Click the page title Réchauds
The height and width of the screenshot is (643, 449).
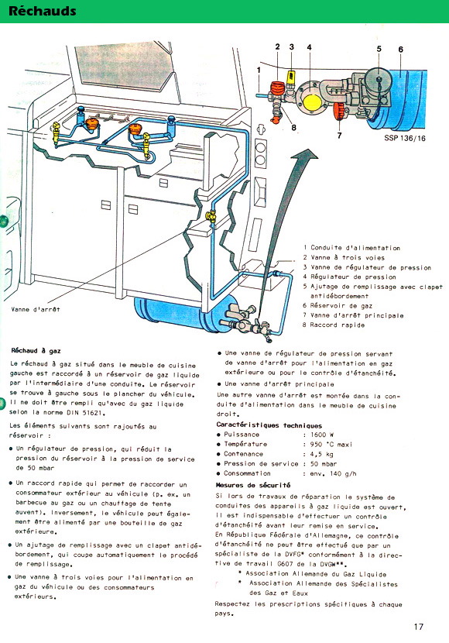[43, 11]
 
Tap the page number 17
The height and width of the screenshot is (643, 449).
[418, 626]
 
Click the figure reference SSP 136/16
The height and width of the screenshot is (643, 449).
[405, 138]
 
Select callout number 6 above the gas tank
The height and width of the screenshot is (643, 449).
[401, 50]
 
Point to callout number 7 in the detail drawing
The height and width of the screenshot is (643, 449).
[339, 135]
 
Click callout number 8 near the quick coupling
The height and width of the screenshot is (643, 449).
[293, 128]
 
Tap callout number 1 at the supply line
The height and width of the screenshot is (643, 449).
[259, 70]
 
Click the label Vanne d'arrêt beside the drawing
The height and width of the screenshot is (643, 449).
[36, 309]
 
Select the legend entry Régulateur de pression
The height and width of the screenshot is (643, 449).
[353, 277]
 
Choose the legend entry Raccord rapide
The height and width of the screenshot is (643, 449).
[338, 325]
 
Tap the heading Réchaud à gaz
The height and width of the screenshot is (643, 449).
[36, 351]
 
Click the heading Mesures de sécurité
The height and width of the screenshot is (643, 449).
[253, 485]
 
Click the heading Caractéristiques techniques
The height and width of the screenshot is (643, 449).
[269, 425]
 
